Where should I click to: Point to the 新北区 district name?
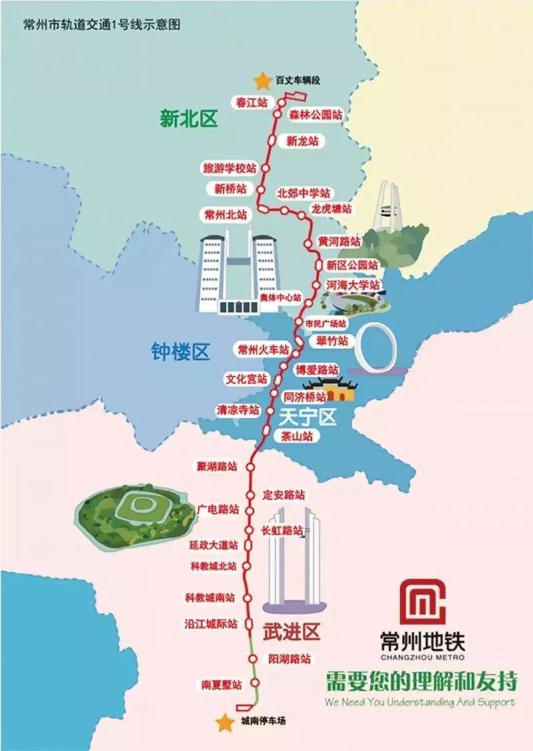pos(189,119)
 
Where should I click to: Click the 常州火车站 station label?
pos(264,349)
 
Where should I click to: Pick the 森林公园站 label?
pos(316,115)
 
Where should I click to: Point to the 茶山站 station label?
pos(296,437)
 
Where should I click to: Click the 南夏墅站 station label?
pos(221,684)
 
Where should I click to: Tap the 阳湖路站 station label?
pos(289,658)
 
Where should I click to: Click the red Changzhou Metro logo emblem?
pos(420,602)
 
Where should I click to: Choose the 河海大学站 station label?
pos(353,285)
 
